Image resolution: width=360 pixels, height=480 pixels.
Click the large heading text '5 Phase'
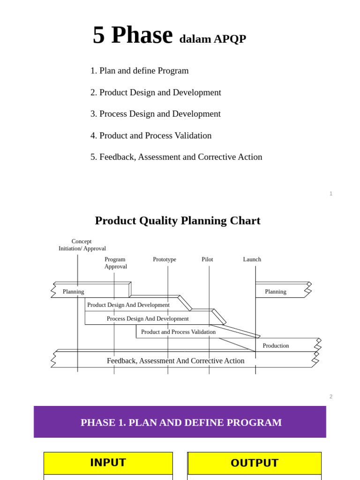click(132, 36)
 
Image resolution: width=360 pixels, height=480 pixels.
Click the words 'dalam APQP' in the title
click(212, 39)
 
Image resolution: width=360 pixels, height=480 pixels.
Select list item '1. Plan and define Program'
click(139, 71)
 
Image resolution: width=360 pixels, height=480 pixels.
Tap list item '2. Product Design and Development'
click(156, 92)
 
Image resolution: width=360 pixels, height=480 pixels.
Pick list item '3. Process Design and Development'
click(155, 114)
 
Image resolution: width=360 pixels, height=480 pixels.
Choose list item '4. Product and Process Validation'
click(151, 135)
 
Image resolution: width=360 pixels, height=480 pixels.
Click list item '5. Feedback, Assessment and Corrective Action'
click(176, 157)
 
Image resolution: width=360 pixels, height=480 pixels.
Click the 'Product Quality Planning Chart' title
click(178, 220)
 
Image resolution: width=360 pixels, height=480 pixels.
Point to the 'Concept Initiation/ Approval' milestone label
click(82, 245)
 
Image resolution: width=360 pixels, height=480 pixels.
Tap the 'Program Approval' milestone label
click(115, 262)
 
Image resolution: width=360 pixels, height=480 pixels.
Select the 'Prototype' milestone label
click(165, 259)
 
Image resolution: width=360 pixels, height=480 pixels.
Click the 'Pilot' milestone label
click(207, 259)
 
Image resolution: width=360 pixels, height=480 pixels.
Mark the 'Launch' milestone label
click(252, 259)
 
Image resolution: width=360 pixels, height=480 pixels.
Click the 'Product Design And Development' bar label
click(128, 305)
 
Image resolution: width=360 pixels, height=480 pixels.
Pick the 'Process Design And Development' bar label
click(148, 318)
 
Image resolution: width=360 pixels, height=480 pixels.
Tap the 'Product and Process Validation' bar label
click(178, 332)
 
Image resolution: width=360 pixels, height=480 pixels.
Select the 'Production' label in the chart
click(276, 345)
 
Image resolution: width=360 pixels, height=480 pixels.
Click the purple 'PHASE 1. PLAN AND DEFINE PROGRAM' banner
click(180, 422)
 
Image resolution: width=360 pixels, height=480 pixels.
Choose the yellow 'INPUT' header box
click(108, 463)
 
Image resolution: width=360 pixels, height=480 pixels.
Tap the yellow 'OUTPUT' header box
click(255, 463)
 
